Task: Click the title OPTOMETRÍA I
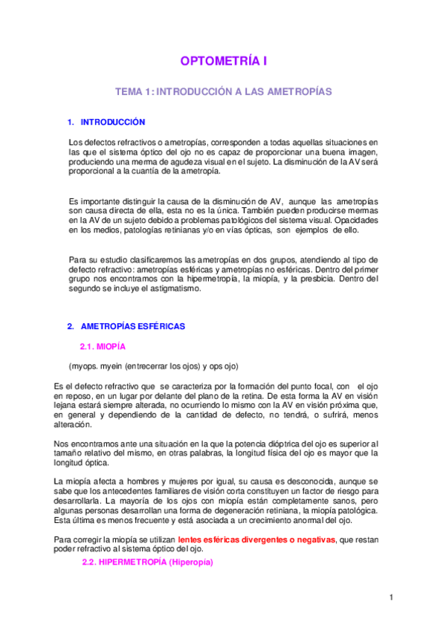[x=222, y=62]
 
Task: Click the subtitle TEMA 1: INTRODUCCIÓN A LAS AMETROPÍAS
[x=222, y=91]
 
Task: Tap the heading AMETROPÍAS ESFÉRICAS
[x=132, y=326]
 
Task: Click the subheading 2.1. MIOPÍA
[x=102, y=347]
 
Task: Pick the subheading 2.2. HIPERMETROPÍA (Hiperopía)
[x=147, y=562]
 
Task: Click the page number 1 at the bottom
[x=391, y=597]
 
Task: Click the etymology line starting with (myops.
[x=153, y=367]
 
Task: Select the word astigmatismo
[x=175, y=289]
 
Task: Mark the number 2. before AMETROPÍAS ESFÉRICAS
[x=71, y=326]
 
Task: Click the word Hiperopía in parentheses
[x=190, y=562]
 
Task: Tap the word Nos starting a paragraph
[x=61, y=444]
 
